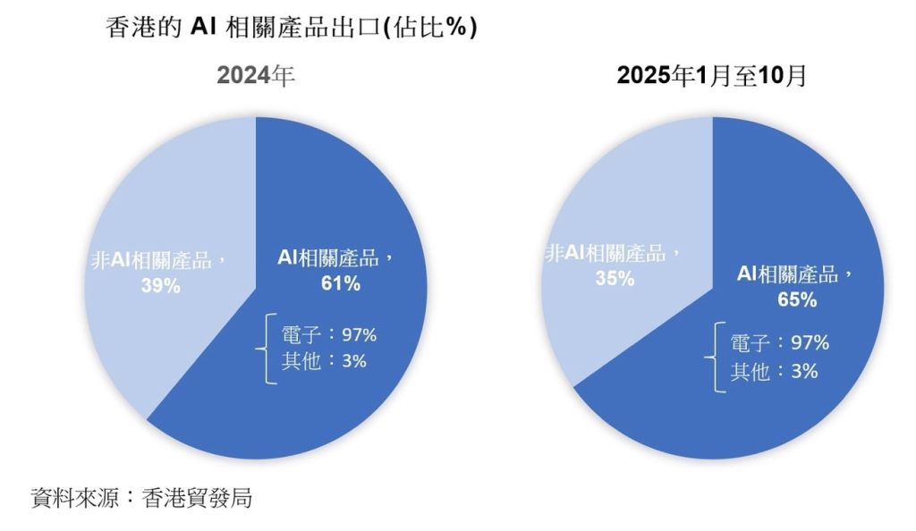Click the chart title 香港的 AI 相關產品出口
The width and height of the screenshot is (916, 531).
292,27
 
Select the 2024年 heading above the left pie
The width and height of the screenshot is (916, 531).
256,77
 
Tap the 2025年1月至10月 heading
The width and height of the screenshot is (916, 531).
712,77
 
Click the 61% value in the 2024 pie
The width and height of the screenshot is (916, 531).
342,284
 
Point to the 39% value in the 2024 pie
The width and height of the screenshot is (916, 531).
163,286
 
